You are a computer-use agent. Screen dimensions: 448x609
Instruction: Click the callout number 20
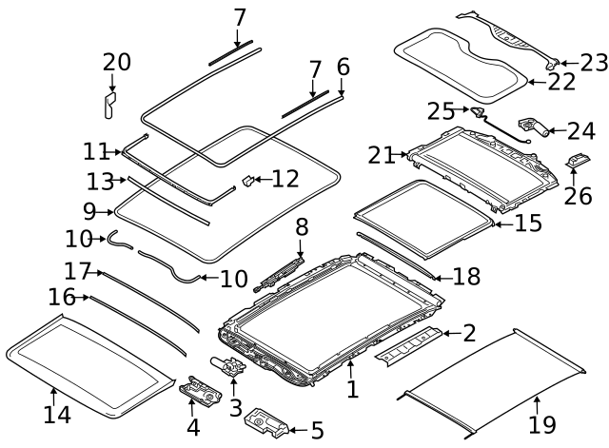click(117, 62)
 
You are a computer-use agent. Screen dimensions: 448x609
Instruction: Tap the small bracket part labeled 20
click(111, 104)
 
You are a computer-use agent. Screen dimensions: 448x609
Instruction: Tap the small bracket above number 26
click(575, 163)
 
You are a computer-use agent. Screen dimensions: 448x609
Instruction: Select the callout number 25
click(441, 112)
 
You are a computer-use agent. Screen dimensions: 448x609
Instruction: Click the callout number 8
click(302, 227)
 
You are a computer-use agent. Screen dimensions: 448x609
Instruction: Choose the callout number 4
click(193, 427)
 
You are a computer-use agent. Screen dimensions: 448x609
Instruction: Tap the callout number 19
click(541, 425)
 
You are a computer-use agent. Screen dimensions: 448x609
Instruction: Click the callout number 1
click(352, 389)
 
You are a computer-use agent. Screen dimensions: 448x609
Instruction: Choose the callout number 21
click(382, 153)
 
